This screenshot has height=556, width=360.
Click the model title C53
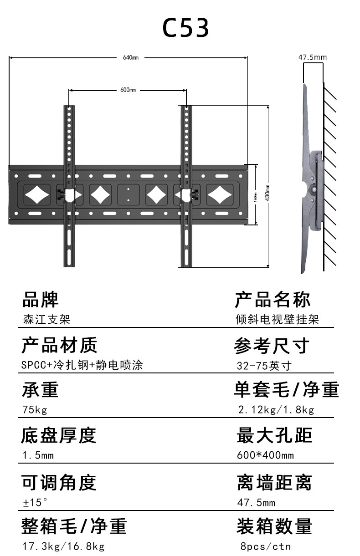tap(185, 28)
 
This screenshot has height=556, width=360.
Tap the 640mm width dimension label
tap(130, 58)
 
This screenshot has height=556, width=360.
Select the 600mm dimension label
tap(128, 90)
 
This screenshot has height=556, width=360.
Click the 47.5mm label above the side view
tap(313, 57)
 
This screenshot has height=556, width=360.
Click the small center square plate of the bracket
tap(129, 194)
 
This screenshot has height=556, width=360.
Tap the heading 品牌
tap(41, 300)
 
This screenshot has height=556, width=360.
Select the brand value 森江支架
tap(46, 319)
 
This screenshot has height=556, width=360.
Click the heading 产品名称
tap(273, 300)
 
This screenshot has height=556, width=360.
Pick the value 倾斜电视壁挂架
tap(277, 319)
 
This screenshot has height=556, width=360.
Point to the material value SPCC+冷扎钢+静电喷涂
tap(82, 365)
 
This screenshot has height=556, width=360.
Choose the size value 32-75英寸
tap(264, 366)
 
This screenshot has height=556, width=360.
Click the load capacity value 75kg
tap(35, 410)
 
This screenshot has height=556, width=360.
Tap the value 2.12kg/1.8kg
tap(276, 410)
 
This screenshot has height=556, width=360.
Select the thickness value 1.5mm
tap(38, 455)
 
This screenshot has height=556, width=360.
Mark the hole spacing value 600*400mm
tap(265, 455)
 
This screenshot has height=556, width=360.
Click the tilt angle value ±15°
tap(36, 503)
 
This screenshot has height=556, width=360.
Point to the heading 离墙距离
tap(274, 483)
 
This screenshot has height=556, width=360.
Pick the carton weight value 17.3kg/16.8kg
tap(63, 546)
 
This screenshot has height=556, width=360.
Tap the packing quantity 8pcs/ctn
tap(266, 546)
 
